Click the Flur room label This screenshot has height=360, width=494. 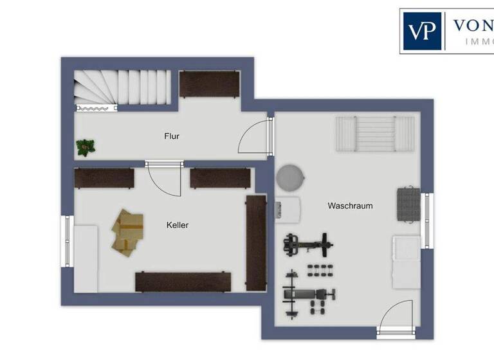click(171, 136)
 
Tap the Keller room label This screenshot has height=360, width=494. click(178, 225)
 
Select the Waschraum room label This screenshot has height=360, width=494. click(350, 206)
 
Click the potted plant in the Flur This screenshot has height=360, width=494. click(84, 148)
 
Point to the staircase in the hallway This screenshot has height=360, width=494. click(122, 87)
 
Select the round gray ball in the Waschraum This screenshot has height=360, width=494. click(291, 177)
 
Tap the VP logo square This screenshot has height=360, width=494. click(421, 30)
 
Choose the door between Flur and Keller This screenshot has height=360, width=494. click(165, 179)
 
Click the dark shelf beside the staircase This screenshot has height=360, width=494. click(209, 84)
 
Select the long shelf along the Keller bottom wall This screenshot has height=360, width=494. click(183, 282)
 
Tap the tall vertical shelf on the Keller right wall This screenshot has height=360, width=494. click(255, 243)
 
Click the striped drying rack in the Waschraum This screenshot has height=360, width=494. click(375, 134)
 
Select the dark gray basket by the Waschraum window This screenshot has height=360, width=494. click(407, 204)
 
